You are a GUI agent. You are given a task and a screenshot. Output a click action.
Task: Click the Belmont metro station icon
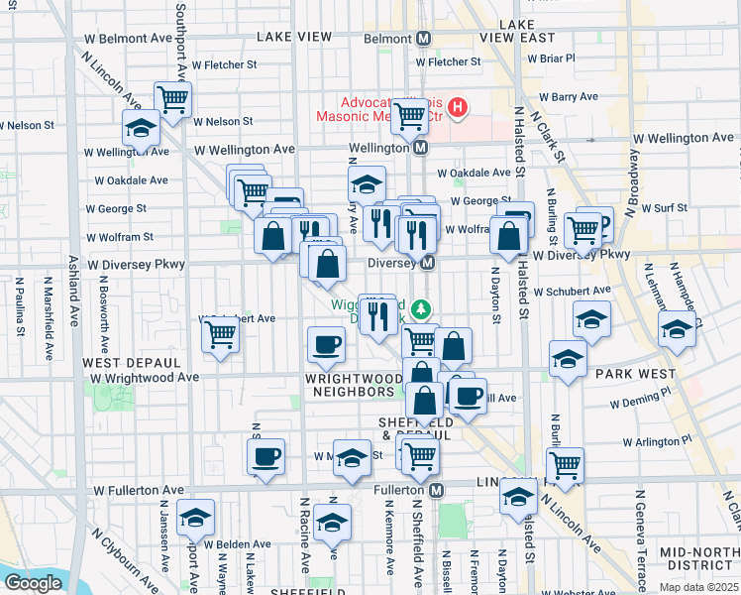[x=423, y=39]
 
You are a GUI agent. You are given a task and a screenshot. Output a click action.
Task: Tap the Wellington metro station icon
[x=420, y=148]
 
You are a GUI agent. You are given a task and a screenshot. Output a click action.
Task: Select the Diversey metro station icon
[x=428, y=263]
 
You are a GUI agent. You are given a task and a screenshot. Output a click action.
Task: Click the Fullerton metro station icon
[x=436, y=490]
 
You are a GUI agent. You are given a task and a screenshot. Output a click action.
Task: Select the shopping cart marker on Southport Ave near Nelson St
[x=173, y=98]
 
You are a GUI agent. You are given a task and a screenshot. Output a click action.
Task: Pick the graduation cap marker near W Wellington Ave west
[x=141, y=128]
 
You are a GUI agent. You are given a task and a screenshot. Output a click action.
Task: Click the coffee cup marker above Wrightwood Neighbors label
[x=326, y=345]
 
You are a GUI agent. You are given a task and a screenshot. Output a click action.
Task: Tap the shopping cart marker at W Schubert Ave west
[x=220, y=334]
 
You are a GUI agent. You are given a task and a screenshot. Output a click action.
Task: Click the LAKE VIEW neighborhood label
[x=293, y=37]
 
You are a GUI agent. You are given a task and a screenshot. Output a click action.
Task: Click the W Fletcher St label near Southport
[x=224, y=64]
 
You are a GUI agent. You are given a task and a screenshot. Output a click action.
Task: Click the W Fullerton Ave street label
[x=139, y=490]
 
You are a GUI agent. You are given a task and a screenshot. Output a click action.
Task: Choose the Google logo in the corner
[x=32, y=583]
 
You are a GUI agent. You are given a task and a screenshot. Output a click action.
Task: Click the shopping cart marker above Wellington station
[x=409, y=116]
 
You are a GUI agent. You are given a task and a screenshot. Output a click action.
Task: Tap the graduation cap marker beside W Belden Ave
[x=196, y=517]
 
